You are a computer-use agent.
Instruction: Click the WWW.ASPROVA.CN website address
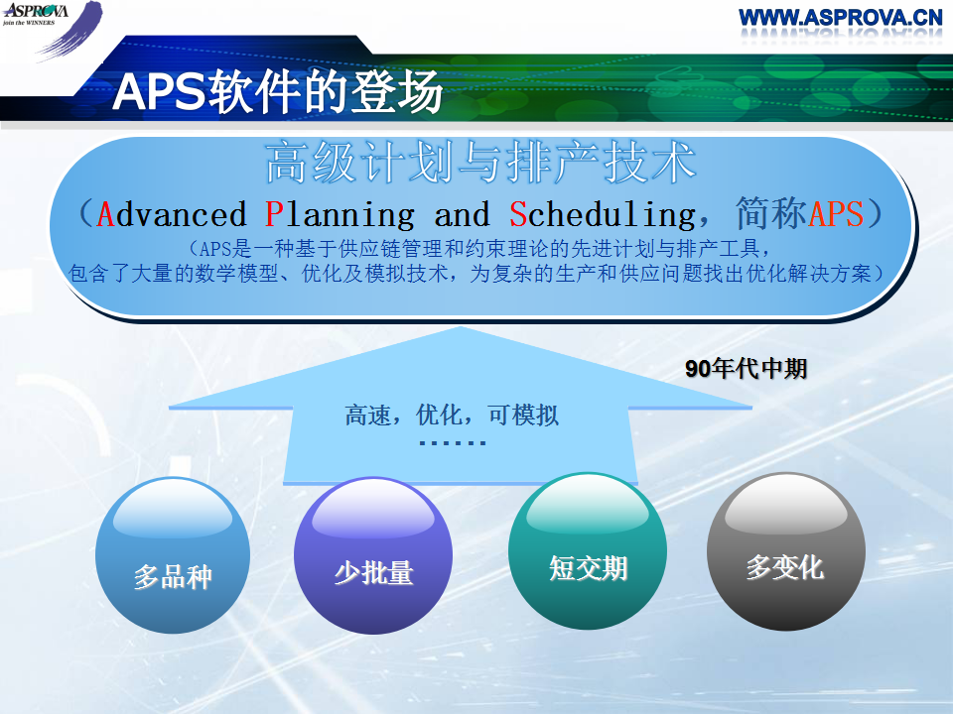(x=841, y=17)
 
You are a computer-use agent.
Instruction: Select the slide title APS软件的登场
(x=277, y=91)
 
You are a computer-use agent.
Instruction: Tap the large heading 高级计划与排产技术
(x=480, y=162)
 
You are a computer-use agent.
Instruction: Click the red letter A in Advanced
(x=106, y=214)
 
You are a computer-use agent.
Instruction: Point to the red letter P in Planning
(x=274, y=214)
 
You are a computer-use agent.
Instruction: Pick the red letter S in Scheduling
(x=518, y=214)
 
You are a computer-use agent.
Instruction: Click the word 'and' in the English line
(x=462, y=214)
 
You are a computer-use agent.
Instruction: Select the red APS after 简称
(x=836, y=214)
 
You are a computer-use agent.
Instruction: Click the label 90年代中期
(x=746, y=369)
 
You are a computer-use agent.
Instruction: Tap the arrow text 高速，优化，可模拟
(x=452, y=416)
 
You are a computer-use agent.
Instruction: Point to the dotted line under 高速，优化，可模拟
(x=453, y=442)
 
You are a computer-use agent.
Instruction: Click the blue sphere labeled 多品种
(x=173, y=555)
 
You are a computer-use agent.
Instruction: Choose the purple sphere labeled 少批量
(x=373, y=555)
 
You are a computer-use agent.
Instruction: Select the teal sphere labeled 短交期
(x=588, y=551)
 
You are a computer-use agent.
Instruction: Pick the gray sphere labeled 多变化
(x=786, y=551)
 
